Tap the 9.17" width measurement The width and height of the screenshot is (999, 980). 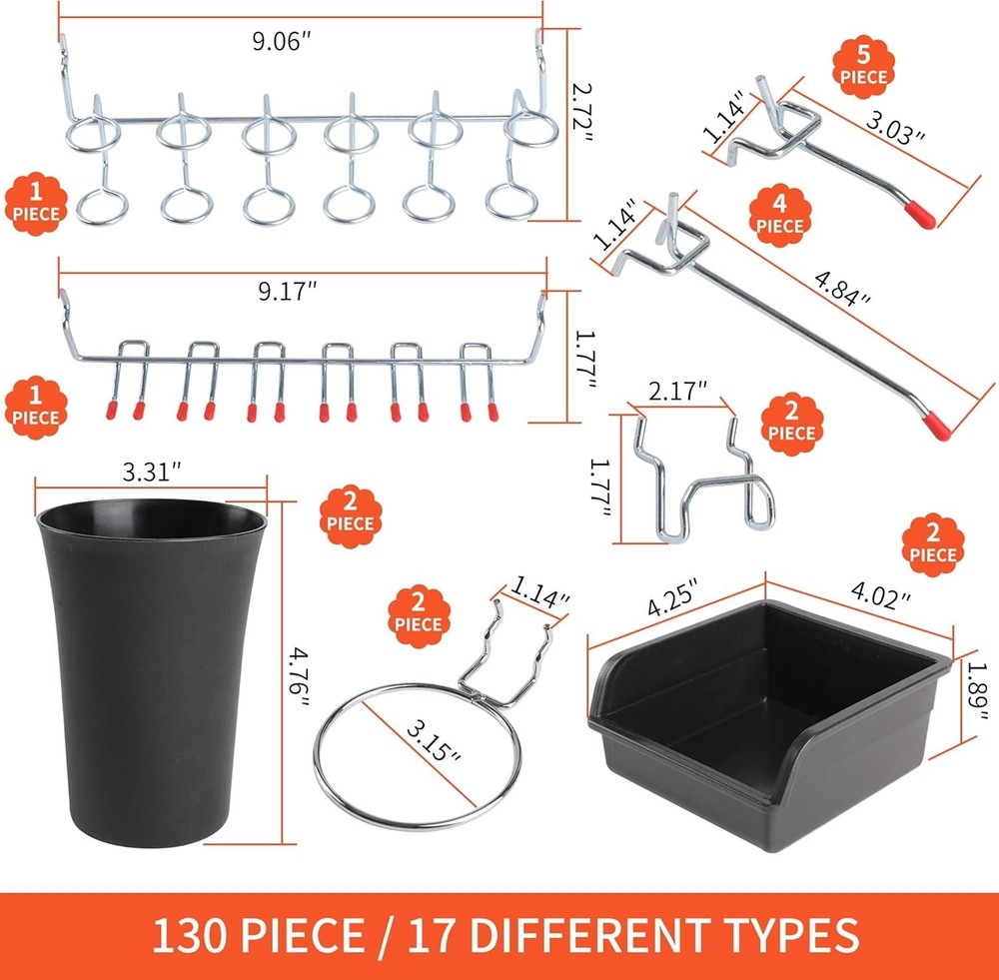tap(287, 294)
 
